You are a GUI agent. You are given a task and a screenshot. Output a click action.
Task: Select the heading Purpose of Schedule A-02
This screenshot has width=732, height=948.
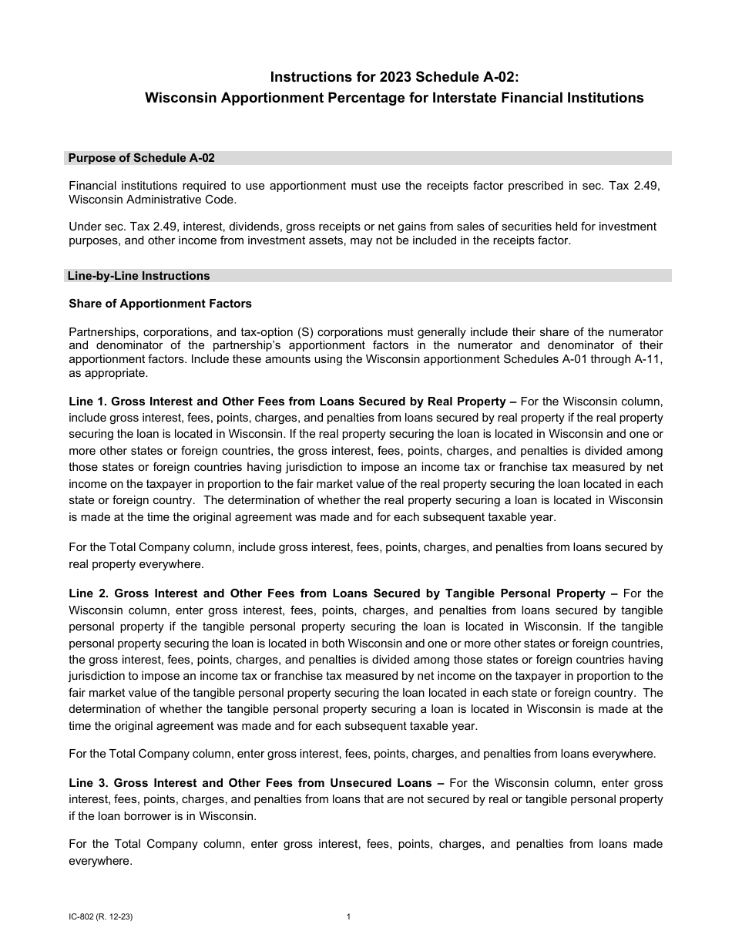point(141,158)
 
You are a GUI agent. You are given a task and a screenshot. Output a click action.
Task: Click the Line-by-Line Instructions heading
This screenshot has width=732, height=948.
point(139,276)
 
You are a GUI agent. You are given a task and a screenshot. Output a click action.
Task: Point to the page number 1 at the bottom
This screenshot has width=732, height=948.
point(349,917)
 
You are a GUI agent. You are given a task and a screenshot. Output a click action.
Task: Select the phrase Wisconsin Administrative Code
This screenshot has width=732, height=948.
point(153,200)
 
